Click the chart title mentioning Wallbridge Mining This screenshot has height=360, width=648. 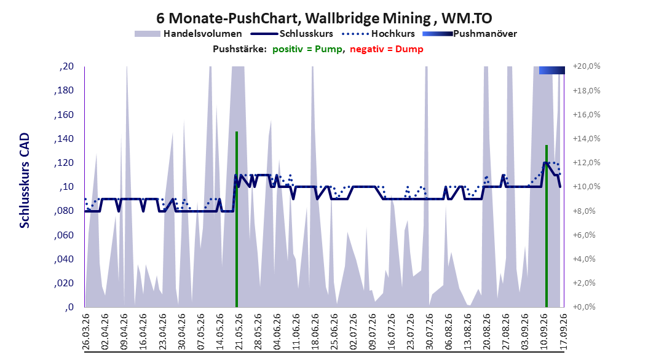(324, 18)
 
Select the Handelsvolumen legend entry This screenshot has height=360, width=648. (189, 34)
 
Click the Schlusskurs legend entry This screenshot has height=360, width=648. (292, 34)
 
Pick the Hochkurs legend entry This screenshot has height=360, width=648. (378, 34)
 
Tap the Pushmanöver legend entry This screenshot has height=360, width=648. (470, 34)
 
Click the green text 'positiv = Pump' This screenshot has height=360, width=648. (307, 49)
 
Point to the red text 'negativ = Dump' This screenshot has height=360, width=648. (387, 49)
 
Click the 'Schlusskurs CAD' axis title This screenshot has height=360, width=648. (25, 181)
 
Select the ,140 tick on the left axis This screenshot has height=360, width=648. (64, 139)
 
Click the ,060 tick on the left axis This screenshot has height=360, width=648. (64, 235)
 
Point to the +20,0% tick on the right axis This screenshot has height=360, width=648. (587, 66)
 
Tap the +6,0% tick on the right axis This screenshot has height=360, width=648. (584, 235)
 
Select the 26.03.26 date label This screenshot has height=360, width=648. (86, 332)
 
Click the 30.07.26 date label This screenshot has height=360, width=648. (429, 332)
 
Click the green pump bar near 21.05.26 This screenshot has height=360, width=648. (237, 219)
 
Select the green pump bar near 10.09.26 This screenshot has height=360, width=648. (547, 226)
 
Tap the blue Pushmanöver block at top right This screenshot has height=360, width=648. (551, 70)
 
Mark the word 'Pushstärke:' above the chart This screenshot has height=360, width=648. (240, 49)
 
